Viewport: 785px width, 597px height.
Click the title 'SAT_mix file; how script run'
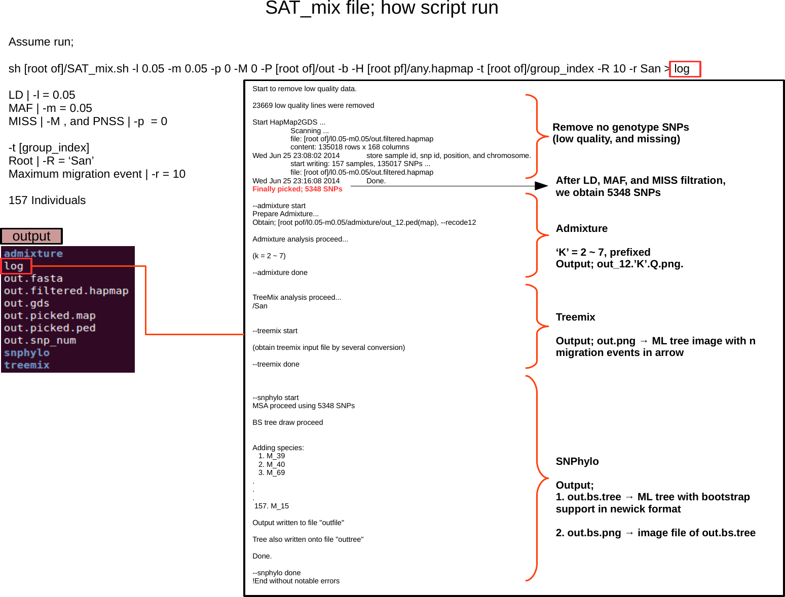click(x=382, y=8)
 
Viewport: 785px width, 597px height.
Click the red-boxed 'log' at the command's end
click(x=684, y=69)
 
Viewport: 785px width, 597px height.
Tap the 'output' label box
click(x=31, y=236)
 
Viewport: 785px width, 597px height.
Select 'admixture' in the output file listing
click(x=33, y=254)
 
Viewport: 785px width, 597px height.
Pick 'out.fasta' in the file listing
click(x=33, y=278)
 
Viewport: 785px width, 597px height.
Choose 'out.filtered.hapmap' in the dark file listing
click(x=66, y=291)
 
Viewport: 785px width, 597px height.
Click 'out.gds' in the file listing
click(x=26, y=303)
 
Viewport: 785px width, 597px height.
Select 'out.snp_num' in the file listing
click(x=40, y=340)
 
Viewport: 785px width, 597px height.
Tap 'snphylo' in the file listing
click(x=27, y=353)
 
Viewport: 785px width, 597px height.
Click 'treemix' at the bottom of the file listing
click(x=27, y=365)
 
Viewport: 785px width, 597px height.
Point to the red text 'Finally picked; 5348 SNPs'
click(x=297, y=189)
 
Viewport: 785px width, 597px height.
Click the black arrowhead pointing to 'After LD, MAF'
click(x=541, y=186)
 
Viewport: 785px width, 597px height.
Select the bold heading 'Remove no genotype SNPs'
click(x=620, y=127)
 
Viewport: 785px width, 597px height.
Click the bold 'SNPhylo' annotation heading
click(x=577, y=461)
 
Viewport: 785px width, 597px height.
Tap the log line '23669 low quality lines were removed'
click(x=313, y=105)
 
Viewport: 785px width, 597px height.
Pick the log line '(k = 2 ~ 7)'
click(x=269, y=256)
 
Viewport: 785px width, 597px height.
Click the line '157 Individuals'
click(x=47, y=201)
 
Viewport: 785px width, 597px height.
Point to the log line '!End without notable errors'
click(x=296, y=581)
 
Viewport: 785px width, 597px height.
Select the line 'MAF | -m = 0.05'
click(x=50, y=108)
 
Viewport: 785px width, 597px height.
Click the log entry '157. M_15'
click(x=272, y=506)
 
